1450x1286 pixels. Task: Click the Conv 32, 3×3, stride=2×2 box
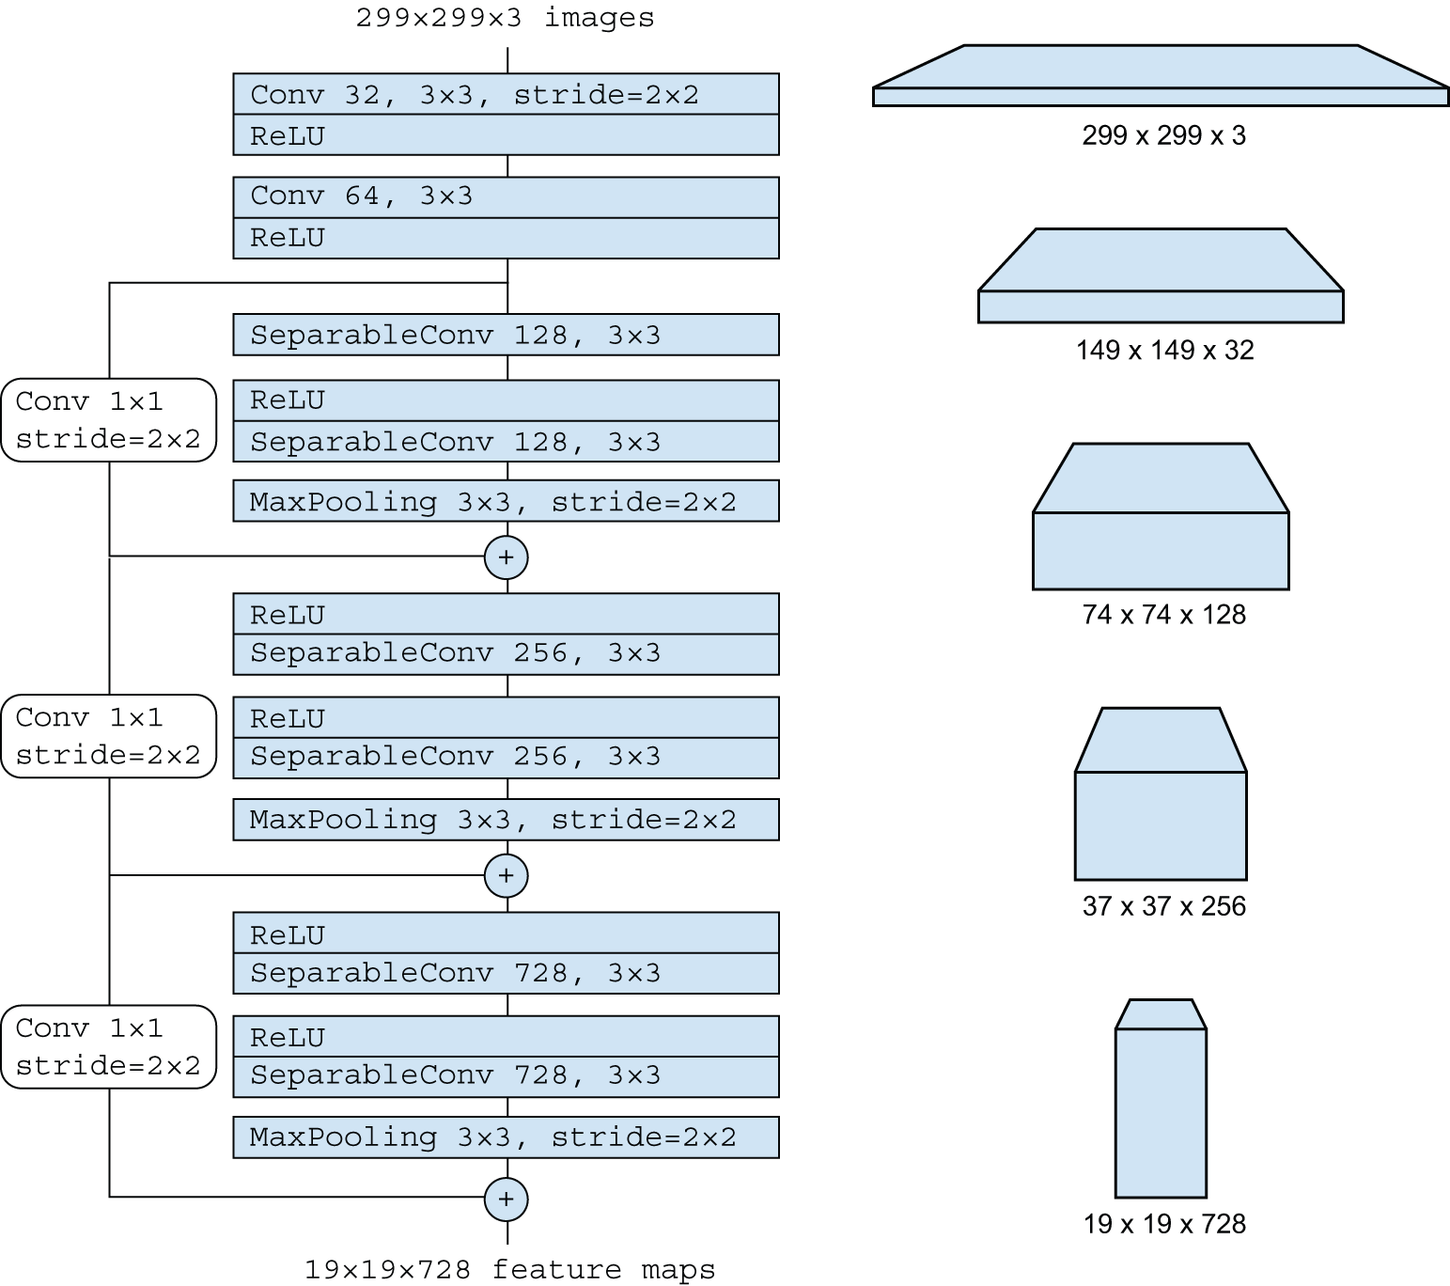pyautogui.click(x=506, y=95)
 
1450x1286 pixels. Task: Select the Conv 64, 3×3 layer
pyautogui.click(x=506, y=197)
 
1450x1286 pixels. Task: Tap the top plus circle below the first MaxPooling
pyautogui.click(x=506, y=557)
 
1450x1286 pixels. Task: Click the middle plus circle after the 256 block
pyautogui.click(x=506, y=876)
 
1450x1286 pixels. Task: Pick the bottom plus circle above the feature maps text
pyautogui.click(x=506, y=1200)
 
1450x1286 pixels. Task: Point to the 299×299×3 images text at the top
pyautogui.click(x=505, y=18)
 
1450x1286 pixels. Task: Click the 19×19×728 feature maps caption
pyautogui.click(x=509, y=1270)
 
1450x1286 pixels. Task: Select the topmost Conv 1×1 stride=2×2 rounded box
pyautogui.click(x=108, y=420)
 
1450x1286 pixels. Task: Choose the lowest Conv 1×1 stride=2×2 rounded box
pyautogui.click(x=108, y=1046)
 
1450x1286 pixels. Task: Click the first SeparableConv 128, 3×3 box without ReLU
pyautogui.click(x=506, y=335)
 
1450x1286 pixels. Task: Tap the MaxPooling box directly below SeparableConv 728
pyautogui.click(x=506, y=1137)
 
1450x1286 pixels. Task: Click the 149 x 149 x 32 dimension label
pyautogui.click(x=1164, y=351)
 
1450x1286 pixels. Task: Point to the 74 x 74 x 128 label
pyautogui.click(x=1163, y=615)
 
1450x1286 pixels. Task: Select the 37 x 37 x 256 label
pyautogui.click(x=1163, y=906)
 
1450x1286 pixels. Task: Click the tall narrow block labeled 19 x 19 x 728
pyautogui.click(x=1161, y=1109)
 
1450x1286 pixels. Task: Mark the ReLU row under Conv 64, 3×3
pyautogui.click(x=506, y=239)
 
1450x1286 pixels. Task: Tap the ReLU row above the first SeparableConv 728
pyautogui.click(x=506, y=933)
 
